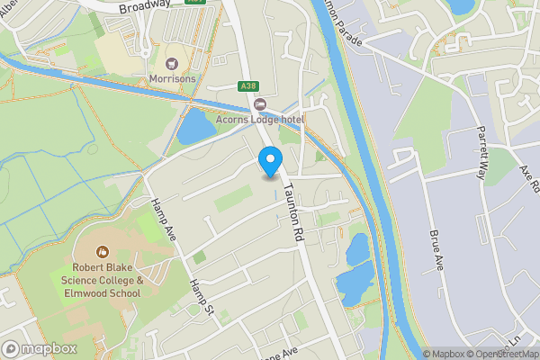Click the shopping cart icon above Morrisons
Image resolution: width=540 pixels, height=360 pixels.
pyautogui.click(x=172, y=64)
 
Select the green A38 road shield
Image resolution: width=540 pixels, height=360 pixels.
pyautogui.click(x=249, y=86)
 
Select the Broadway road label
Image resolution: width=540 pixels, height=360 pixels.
pyautogui.click(x=145, y=5)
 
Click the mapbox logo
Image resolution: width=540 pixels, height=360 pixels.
pyautogui.click(x=39, y=348)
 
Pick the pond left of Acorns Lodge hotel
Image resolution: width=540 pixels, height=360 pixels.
pyautogui.click(x=195, y=125)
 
